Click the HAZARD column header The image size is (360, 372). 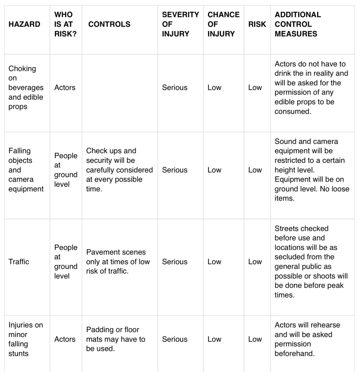point(24,24)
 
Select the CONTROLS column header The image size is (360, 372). point(109,24)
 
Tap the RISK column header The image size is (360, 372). point(257,24)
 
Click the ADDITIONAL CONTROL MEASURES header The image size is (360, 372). point(297,24)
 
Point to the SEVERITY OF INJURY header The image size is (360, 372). point(180,24)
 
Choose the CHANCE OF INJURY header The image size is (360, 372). point(223,24)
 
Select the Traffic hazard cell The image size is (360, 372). point(19,262)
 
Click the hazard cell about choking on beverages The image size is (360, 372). point(26,88)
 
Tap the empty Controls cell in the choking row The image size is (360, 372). point(120,93)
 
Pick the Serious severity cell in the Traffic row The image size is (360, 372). point(175,262)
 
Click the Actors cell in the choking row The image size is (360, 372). point(65,88)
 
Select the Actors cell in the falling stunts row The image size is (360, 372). point(65,339)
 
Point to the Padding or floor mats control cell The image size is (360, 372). point(115,339)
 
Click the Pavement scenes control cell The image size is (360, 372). point(118,262)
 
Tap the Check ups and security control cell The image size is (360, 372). point(119,170)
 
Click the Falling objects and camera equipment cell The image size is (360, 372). point(26,170)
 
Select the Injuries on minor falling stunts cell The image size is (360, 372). point(25,339)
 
